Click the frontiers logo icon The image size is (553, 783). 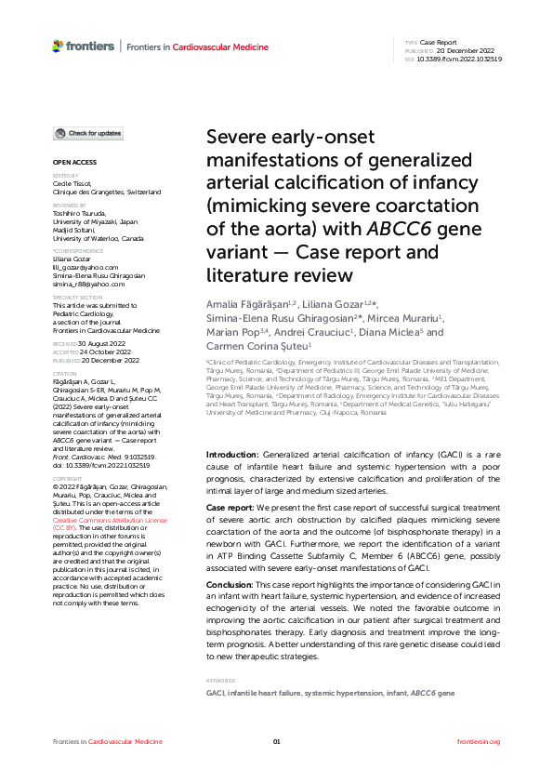click(58, 46)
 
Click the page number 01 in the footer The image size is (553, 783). click(276, 741)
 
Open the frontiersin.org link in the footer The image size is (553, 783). click(479, 741)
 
